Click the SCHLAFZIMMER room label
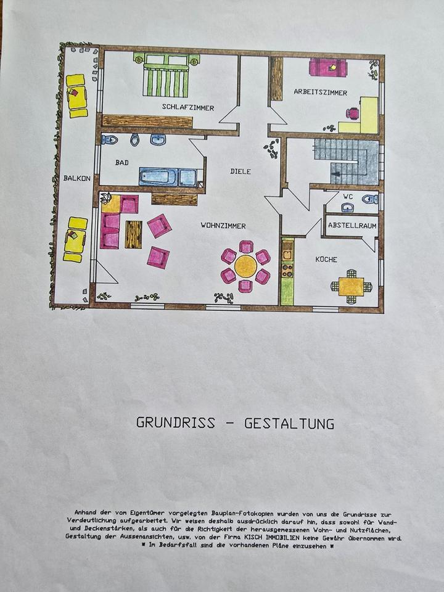point(188,107)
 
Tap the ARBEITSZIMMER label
point(320,92)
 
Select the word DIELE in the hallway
point(240,171)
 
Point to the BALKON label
point(77,178)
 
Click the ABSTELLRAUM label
point(352,226)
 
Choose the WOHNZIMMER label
point(223,226)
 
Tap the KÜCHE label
point(326,260)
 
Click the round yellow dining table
point(246,266)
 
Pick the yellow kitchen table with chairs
point(351,287)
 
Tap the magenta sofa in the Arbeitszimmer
point(328,67)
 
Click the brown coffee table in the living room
point(133,234)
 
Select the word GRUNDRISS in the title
point(176,424)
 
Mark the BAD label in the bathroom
point(123,163)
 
